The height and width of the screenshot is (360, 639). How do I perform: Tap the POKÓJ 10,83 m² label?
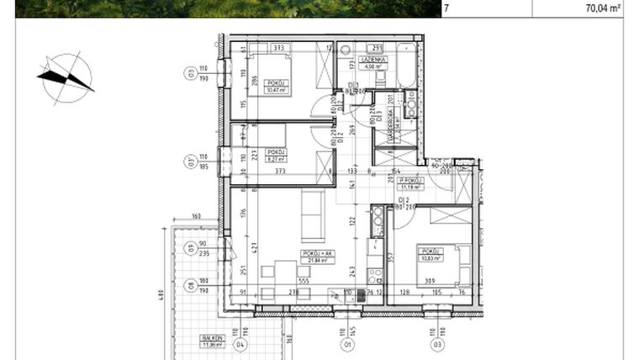click(433, 254)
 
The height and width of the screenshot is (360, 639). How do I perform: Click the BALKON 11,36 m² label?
click(210, 341)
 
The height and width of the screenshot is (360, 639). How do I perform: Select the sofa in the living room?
click(314, 214)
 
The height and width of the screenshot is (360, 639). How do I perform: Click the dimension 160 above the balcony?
click(196, 217)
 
